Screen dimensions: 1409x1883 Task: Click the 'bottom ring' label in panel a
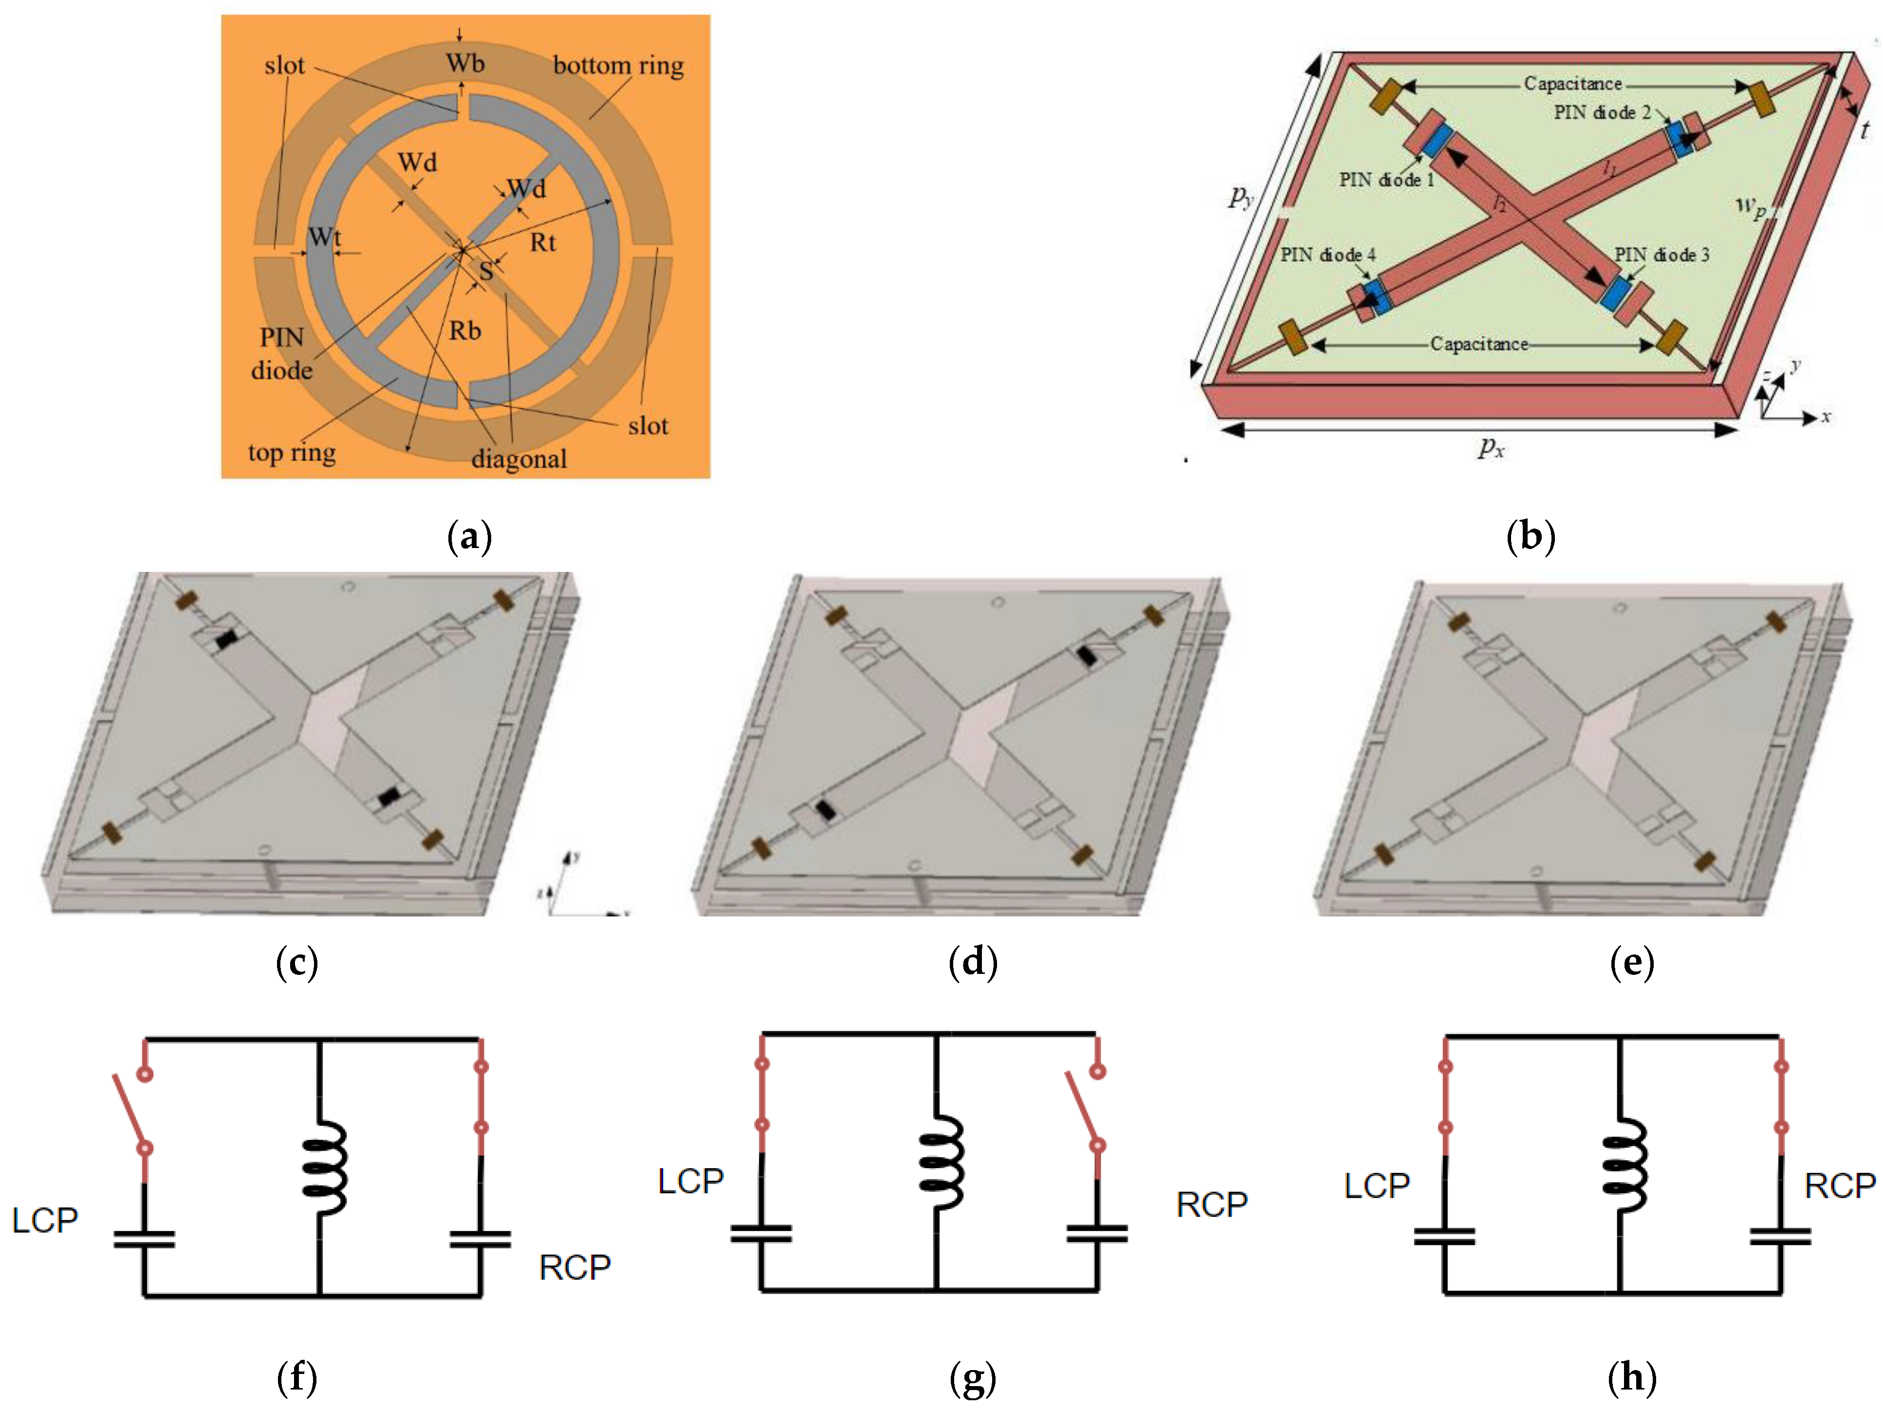618,66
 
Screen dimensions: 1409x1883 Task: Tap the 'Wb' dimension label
465,63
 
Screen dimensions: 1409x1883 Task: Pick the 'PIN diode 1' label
1386,180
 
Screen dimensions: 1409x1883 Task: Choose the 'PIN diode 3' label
1661,255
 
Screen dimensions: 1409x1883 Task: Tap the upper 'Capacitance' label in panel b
1572,83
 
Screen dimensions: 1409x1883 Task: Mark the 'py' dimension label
1242,198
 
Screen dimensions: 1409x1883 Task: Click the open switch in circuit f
130,1110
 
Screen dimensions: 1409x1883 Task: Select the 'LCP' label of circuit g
690,1181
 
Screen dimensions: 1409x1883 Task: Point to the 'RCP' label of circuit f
574,1268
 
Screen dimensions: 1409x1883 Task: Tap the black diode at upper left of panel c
225,639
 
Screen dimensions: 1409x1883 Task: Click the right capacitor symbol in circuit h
1779,1236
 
